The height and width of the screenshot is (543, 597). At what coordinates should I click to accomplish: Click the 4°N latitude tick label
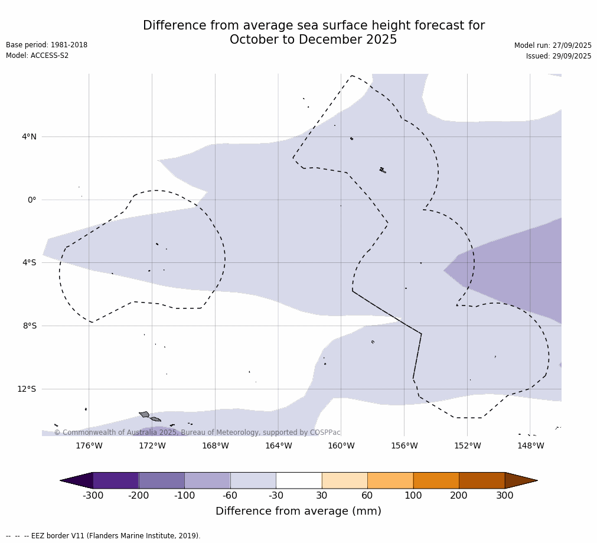[29, 137]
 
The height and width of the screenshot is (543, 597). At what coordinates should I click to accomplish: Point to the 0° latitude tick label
[32, 200]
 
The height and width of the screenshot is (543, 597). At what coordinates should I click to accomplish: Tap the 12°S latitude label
[27, 389]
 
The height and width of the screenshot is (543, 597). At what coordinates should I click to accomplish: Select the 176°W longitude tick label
[89, 446]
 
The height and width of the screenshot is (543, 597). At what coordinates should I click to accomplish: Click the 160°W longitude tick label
[341, 446]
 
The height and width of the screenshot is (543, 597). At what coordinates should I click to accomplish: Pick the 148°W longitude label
[530, 446]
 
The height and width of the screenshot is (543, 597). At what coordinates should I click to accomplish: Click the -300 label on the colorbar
[93, 496]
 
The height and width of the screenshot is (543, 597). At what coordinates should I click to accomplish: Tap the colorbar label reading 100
[413, 496]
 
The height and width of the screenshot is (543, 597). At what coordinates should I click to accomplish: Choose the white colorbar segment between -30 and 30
[299, 480]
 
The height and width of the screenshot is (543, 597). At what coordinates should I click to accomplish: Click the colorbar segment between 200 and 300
[482, 480]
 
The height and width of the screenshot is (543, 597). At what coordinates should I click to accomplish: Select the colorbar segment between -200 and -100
[161, 480]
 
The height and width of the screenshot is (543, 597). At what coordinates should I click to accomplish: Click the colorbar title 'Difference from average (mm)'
[298, 512]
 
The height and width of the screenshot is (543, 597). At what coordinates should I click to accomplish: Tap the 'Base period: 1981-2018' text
[47, 45]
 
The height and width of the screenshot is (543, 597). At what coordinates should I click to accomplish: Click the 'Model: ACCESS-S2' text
[37, 56]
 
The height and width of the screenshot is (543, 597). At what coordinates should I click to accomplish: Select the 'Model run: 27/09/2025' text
[553, 45]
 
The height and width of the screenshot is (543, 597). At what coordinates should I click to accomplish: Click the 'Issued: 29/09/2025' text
[559, 56]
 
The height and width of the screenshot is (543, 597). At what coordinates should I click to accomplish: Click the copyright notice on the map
[197, 433]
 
